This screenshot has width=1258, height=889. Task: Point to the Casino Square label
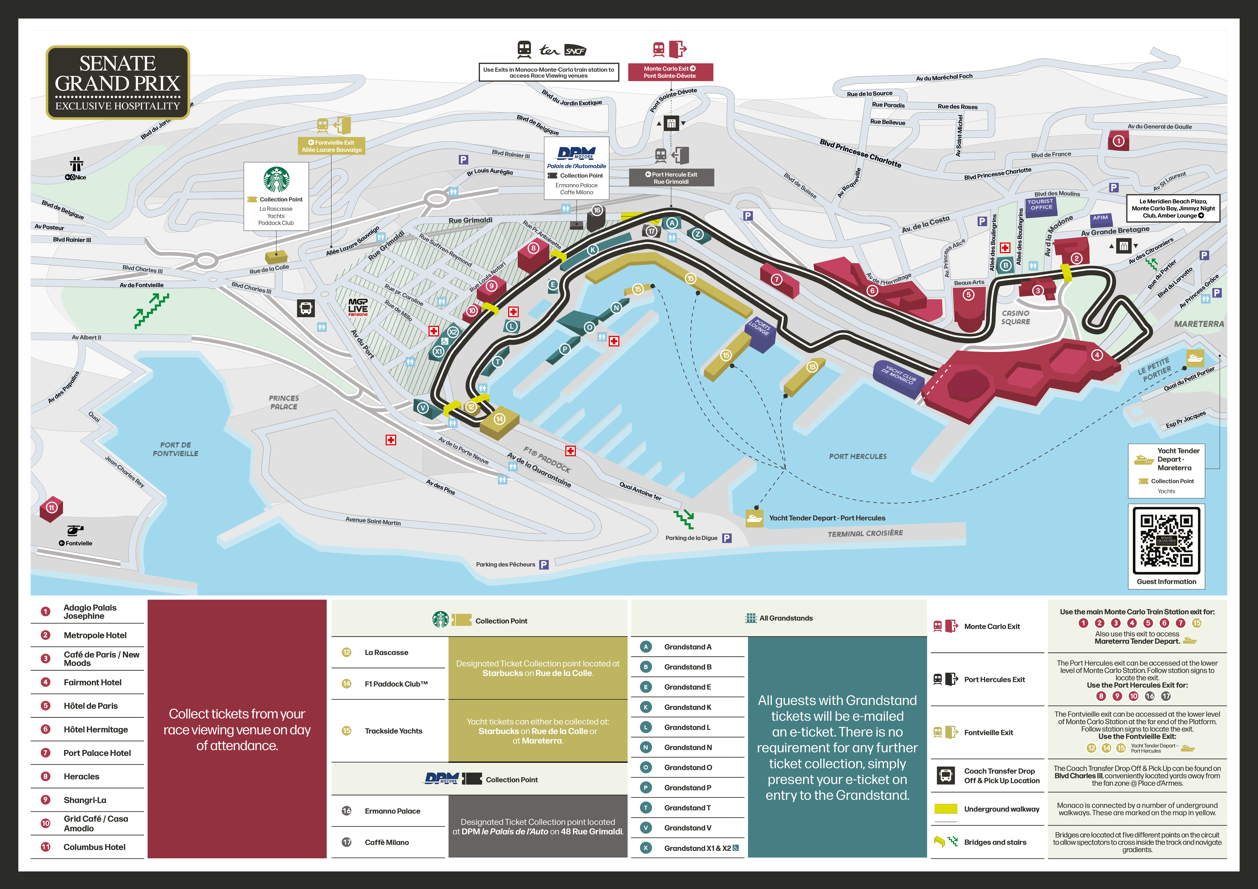[1015, 318]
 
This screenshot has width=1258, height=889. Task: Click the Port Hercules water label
[857, 456]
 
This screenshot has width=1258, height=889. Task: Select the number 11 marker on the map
[51, 508]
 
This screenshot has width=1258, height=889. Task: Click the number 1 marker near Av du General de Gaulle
[1118, 141]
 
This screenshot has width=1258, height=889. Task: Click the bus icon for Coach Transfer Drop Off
[946, 776]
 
